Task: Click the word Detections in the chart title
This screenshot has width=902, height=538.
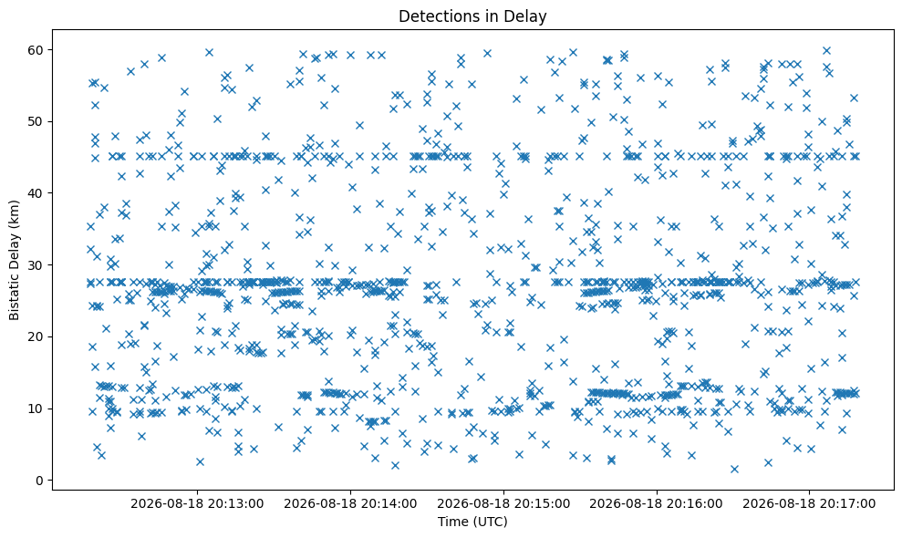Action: (x=433, y=16)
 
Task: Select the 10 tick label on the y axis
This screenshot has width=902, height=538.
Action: (x=36, y=409)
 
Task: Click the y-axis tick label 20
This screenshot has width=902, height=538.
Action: (x=36, y=336)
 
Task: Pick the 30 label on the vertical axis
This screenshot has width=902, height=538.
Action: (x=36, y=265)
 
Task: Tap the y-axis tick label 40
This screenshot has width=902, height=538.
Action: (x=36, y=193)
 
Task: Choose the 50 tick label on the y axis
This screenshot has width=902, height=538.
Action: (x=36, y=121)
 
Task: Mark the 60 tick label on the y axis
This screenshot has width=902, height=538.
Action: (x=36, y=50)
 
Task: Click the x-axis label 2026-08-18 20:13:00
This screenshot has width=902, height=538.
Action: (x=197, y=504)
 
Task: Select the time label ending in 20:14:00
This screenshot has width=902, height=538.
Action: (x=350, y=504)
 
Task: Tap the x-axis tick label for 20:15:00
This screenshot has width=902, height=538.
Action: (x=504, y=504)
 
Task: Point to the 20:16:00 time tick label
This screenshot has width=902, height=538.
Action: (x=657, y=504)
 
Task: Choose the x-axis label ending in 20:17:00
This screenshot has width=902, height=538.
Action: (x=809, y=504)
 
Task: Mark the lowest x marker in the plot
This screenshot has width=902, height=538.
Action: (x=734, y=469)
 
